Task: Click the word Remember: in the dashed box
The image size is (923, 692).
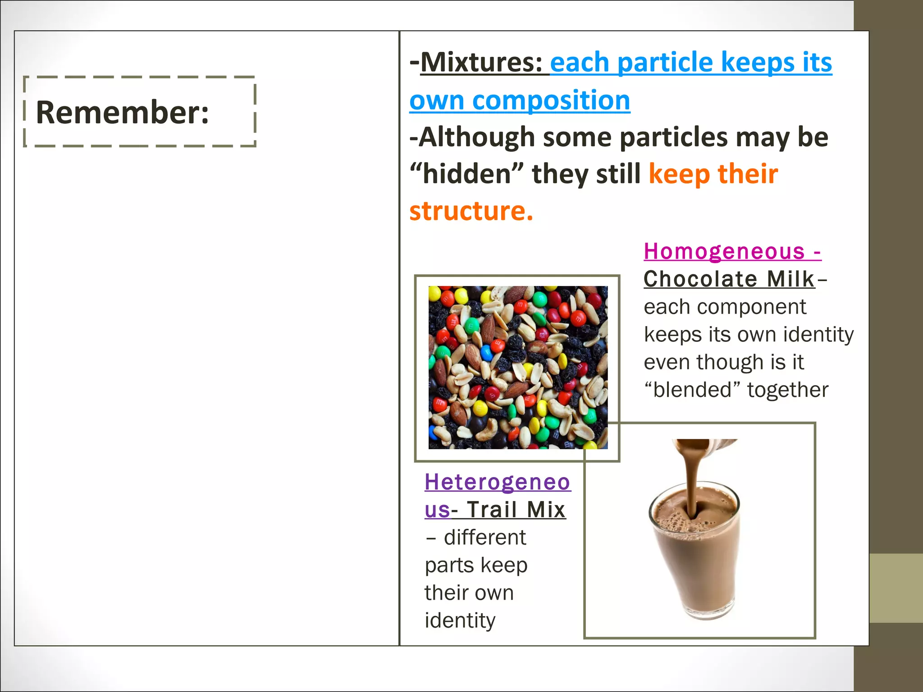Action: click(x=122, y=112)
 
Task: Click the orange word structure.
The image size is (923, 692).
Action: click(x=471, y=211)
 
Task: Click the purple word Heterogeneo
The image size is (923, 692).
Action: click(x=498, y=482)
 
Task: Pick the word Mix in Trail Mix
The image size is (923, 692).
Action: click(x=546, y=510)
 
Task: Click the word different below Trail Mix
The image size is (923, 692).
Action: click(x=484, y=537)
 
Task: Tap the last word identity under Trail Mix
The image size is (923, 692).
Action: click(x=460, y=620)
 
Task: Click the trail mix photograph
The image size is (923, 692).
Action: click(x=517, y=367)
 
